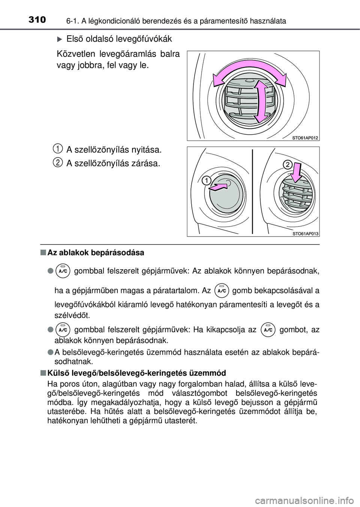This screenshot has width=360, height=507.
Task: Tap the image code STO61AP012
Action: tap(305, 138)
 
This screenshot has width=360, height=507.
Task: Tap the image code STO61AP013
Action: tap(305, 234)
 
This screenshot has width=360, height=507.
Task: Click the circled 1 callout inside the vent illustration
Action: tap(205, 181)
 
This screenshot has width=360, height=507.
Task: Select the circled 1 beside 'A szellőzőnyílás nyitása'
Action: tap(57, 149)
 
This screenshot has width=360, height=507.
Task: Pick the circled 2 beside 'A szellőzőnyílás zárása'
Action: tap(57, 162)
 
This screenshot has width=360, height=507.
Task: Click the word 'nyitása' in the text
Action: tap(148, 150)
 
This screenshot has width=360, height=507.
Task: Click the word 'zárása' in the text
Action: tap(147, 163)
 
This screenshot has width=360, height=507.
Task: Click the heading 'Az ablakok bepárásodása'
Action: tap(96, 253)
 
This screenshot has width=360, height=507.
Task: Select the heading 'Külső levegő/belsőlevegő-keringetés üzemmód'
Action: tap(137, 373)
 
